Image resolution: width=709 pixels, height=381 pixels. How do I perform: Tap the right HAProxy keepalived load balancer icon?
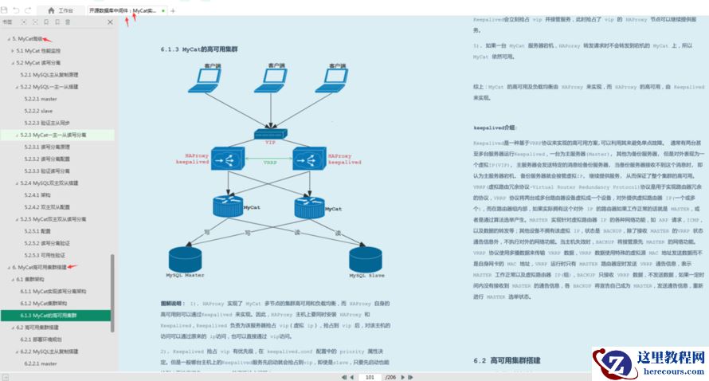(311, 159)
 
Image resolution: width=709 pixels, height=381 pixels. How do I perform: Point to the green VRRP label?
(271, 162)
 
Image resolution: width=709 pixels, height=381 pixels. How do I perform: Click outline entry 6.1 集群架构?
(28, 280)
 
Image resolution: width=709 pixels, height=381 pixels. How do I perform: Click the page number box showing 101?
(370, 376)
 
